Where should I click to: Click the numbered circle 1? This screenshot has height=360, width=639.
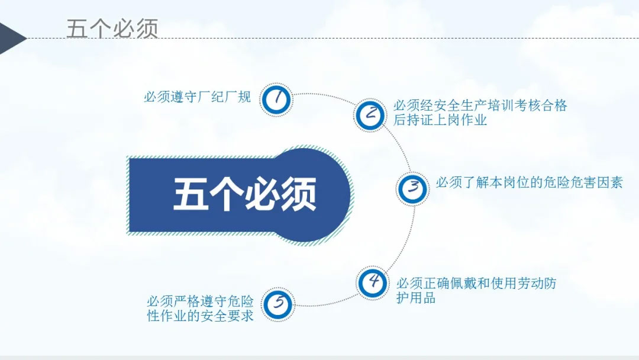click(x=276, y=99)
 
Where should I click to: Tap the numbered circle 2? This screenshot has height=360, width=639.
click(x=370, y=115)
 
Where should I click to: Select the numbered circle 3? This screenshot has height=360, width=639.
click(x=412, y=189)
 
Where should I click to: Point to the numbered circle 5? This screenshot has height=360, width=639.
click(x=277, y=304)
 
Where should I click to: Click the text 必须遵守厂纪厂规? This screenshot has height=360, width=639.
click(x=197, y=97)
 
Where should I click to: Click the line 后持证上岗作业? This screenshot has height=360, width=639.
click(x=440, y=120)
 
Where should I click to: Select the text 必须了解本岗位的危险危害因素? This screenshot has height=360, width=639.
click(x=530, y=182)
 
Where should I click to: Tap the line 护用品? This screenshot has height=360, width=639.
click(x=416, y=298)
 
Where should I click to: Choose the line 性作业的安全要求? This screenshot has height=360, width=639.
click(x=200, y=316)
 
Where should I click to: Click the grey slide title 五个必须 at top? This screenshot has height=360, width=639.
click(x=112, y=28)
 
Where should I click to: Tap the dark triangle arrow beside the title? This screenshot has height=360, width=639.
click(x=12, y=38)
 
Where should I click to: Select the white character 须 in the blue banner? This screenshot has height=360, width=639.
click(x=299, y=194)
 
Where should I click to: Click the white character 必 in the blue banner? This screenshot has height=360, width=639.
click(x=263, y=194)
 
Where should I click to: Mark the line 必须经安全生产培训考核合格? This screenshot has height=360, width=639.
click(x=480, y=105)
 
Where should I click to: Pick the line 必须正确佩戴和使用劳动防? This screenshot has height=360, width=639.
click(x=476, y=283)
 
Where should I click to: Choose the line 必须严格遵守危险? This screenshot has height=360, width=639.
click(x=200, y=301)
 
